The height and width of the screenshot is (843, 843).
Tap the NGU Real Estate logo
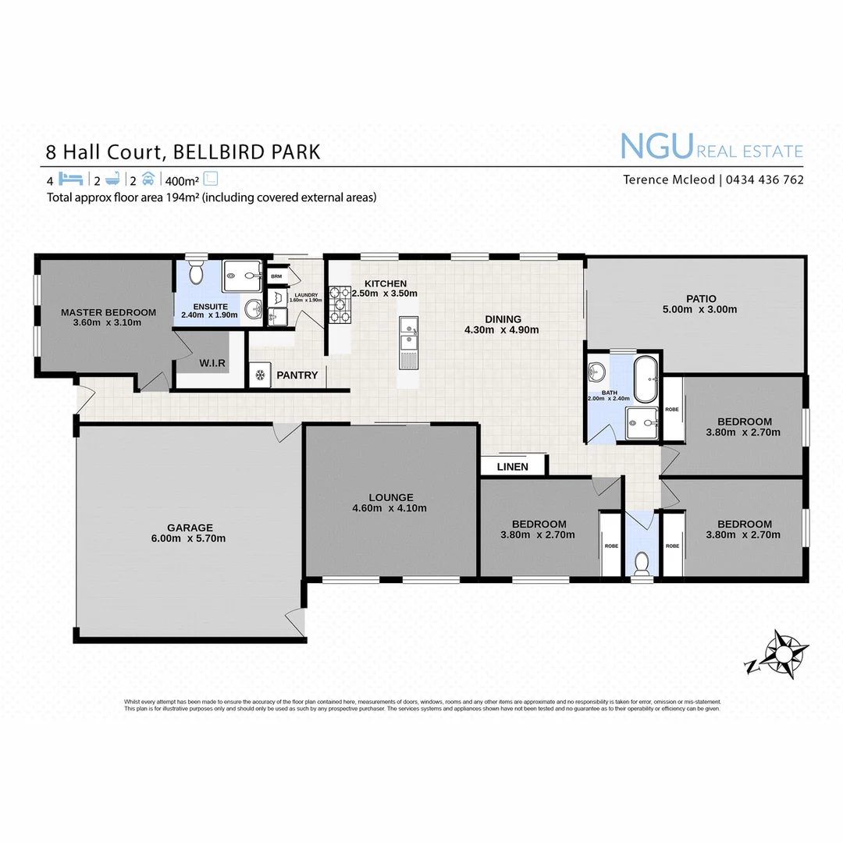tap(711, 147)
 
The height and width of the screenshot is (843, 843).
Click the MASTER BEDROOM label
tap(108, 312)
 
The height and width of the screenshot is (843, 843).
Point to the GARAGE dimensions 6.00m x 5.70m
tap(188, 539)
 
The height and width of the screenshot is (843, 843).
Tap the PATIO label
tap(701, 298)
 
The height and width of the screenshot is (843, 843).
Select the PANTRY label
tap(297, 375)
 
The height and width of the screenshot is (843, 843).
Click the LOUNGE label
tap(391, 497)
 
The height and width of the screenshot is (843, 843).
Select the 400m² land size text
tap(181, 180)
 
